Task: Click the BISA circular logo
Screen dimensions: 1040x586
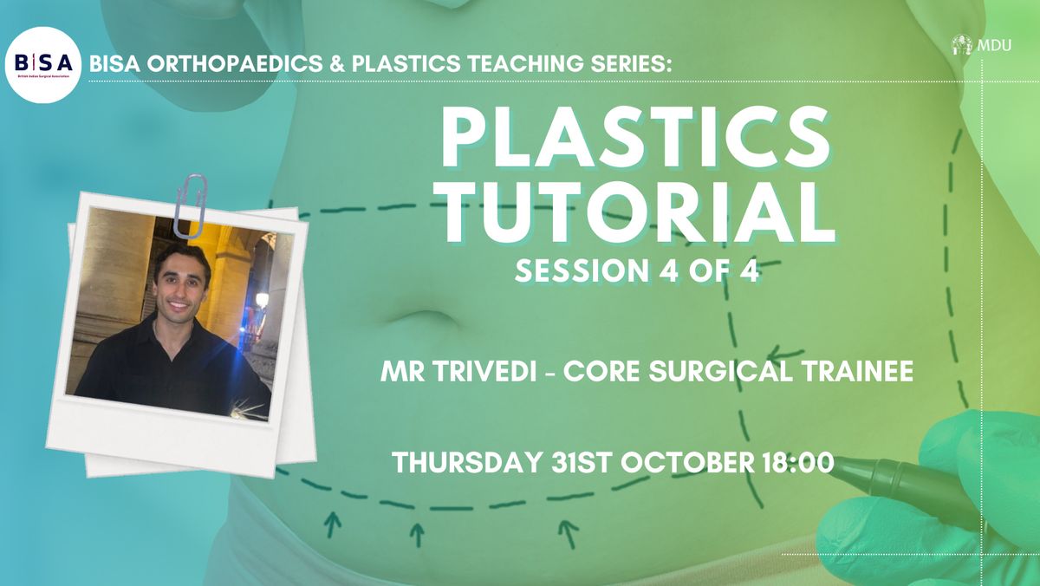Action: click(43, 65)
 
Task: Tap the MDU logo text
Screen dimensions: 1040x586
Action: click(994, 45)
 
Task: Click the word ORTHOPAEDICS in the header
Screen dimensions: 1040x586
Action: click(235, 63)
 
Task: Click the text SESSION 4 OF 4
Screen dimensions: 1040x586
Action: click(637, 270)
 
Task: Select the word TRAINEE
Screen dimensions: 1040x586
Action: click(857, 372)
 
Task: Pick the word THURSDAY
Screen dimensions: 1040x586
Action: click(467, 463)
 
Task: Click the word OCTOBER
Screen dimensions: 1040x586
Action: click(688, 463)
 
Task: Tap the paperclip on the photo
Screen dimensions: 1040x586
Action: click(190, 206)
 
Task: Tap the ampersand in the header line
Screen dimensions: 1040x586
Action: click(337, 63)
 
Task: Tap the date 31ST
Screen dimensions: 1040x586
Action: click(582, 463)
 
